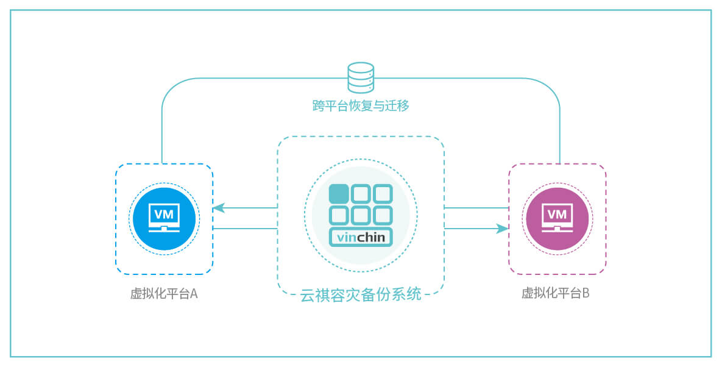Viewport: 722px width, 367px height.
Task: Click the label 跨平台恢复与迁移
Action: pyautogui.click(x=361, y=106)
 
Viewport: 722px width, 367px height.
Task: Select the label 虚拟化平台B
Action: pyautogui.click(x=556, y=293)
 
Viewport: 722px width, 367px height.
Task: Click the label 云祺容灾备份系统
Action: pyautogui.click(x=361, y=295)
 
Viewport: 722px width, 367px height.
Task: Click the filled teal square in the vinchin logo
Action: pyautogui.click(x=339, y=194)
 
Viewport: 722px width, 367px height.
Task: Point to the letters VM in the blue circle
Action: pyautogui.click(x=165, y=214)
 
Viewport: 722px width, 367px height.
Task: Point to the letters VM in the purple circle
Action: pyautogui.click(x=557, y=214)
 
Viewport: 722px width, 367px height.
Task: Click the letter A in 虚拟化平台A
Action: pyautogui.click(x=194, y=293)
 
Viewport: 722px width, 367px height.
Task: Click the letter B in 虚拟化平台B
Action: pyautogui.click(x=586, y=293)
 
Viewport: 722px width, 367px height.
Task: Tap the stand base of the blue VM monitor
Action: pyautogui.click(x=165, y=229)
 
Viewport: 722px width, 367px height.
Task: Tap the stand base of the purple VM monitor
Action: pyautogui.click(x=557, y=229)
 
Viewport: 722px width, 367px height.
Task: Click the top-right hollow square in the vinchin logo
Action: pyautogui.click(x=382, y=194)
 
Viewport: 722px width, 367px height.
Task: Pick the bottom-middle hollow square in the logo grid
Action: pyautogui.click(x=361, y=215)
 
